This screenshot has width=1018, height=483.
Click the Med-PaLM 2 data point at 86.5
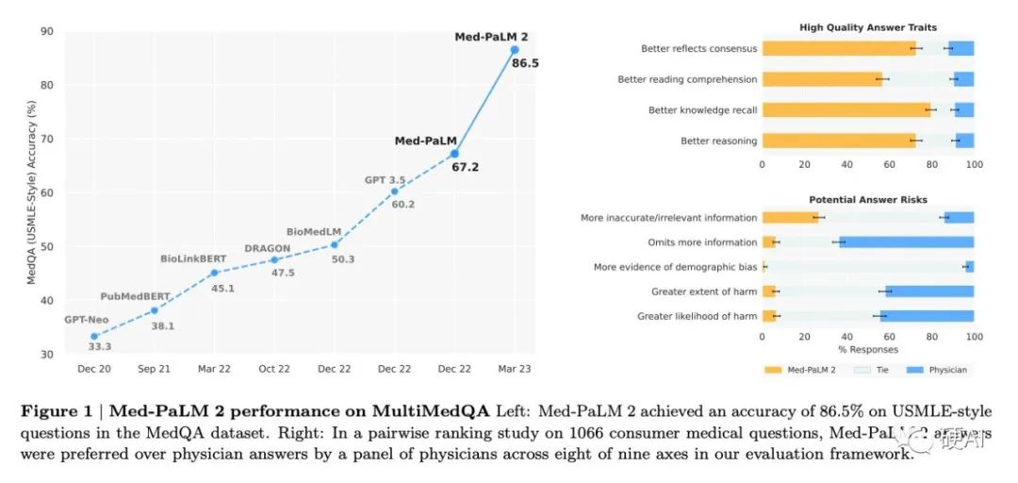click(x=515, y=49)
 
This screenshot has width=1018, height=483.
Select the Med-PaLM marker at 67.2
click(x=454, y=153)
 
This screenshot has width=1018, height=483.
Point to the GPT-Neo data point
click(x=94, y=336)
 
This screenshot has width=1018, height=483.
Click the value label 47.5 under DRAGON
click(x=282, y=273)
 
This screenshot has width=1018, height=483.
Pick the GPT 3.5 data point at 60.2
click(x=394, y=192)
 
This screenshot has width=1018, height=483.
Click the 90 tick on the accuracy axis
click(x=46, y=31)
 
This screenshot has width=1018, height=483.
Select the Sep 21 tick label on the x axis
click(x=154, y=369)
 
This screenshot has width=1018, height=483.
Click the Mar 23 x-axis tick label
click(x=515, y=369)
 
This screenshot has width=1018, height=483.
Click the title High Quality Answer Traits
click(x=867, y=27)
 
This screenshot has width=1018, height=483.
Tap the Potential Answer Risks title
click(x=867, y=200)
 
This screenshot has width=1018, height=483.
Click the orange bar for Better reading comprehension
click(x=822, y=79)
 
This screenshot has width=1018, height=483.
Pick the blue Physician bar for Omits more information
click(x=907, y=242)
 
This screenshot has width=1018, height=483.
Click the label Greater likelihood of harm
click(x=697, y=316)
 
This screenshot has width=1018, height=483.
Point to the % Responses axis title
click(x=867, y=349)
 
